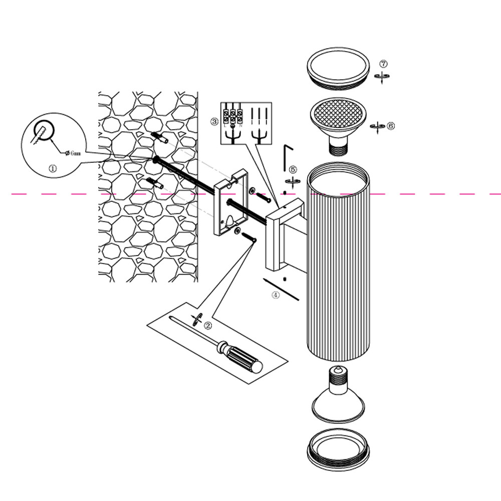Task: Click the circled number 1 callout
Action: coord(53,169)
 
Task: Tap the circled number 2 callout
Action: coord(207,325)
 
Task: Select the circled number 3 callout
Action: coord(214,122)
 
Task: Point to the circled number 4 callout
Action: coord(275,295)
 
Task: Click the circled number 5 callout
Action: coord(293,170)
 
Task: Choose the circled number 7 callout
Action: coord(383,64)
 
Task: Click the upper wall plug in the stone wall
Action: coord(159,138)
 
